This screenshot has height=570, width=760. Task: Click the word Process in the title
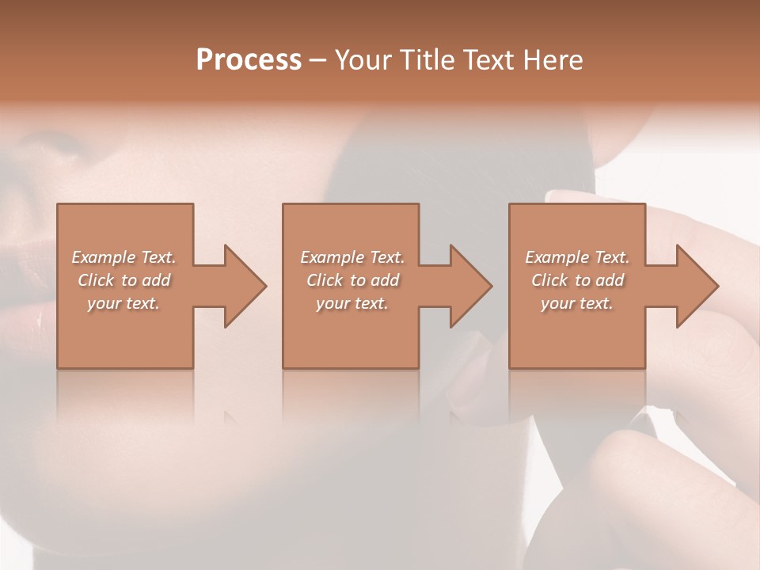click(249, 60)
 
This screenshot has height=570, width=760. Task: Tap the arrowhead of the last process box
click(696, 286)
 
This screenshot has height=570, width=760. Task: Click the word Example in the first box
click(104, 257)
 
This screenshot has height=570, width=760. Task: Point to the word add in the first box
click(157, 280)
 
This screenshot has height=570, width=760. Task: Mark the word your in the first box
click(104, 304)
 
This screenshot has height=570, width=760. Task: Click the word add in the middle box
click(386, 280)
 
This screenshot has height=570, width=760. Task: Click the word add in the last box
click(610, 280)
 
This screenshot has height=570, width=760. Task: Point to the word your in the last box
click(557, 304)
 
